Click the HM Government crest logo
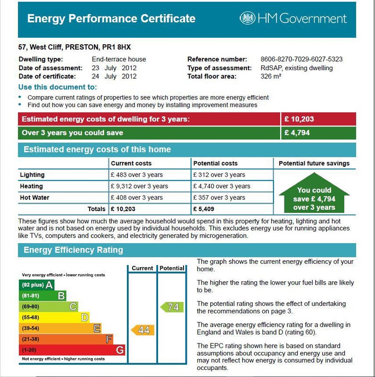[247, 18]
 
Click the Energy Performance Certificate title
[111, 18]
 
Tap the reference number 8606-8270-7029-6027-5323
[301, 59]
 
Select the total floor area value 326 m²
[271, 76]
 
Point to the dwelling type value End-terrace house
[119, 59]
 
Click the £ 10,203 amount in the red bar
[299, 119]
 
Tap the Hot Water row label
[34, 197]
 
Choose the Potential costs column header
[215, 164]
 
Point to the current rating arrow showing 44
[142, 330]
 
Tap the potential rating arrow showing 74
[171, 307]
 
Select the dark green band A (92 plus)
[36, 285]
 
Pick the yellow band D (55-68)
[54, 317]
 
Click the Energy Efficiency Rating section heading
[73, 250]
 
